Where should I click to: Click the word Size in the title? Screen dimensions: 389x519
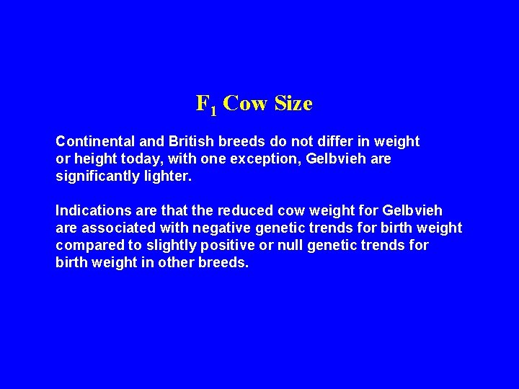294,104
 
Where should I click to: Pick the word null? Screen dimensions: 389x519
288,245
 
